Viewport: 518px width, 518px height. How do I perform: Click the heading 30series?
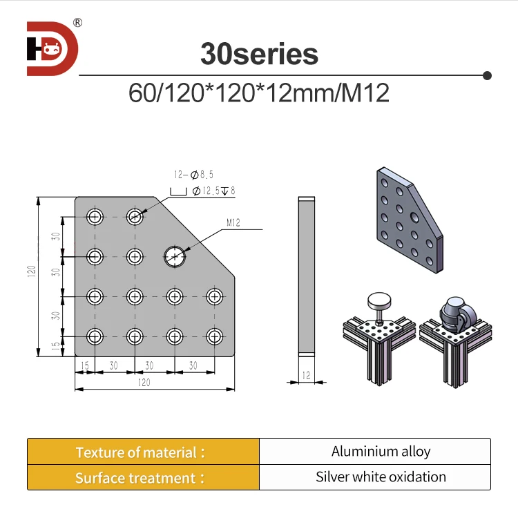pyautogui.click(x=259, y=54)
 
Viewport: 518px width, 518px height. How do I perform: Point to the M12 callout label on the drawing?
pyautogui.click(x=233, y=223)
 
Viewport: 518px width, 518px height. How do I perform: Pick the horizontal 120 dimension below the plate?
pyautogui.click(x=144, y=382)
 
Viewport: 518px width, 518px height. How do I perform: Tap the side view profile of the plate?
pyautogui.click(x=306, y=276)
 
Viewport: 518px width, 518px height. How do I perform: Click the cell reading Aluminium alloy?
pyautogui.click(x=381, y=452)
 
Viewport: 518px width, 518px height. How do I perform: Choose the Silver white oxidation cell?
pyautogui.click(x=381, y=477)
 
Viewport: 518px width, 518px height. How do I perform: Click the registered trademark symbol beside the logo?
pyautogui.click(x=77, y=23)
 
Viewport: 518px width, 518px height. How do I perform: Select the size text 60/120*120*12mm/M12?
pyautogui.click(x=259, y=93)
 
